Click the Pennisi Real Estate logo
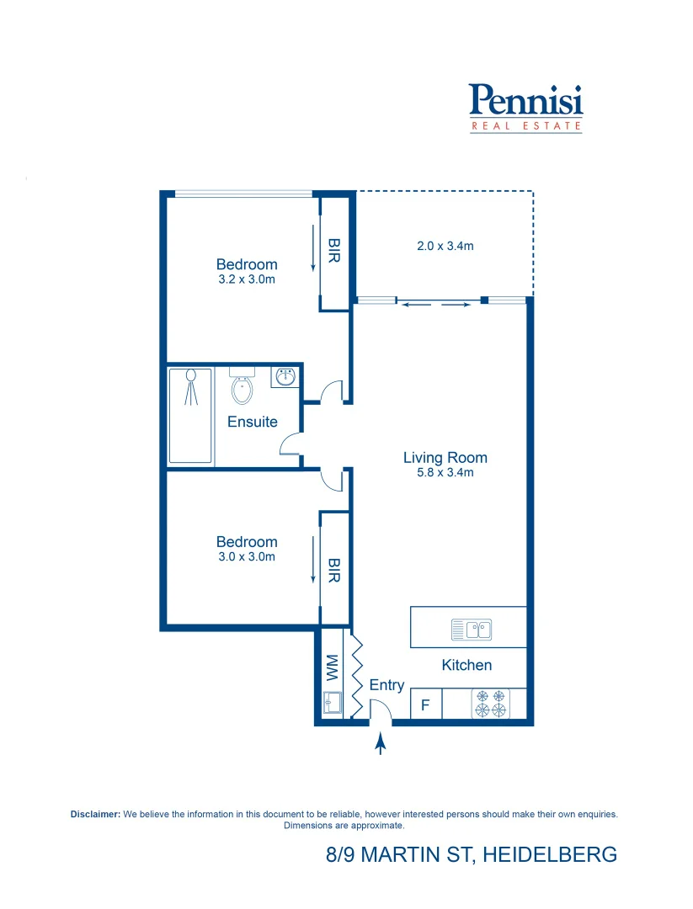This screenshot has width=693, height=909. point(525,107)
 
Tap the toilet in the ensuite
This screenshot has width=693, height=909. point(241,388)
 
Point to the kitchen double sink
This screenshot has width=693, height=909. point(471,629)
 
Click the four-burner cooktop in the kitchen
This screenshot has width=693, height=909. point(491,704)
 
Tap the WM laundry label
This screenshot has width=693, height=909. point(332,668)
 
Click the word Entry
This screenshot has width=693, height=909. point(386,685)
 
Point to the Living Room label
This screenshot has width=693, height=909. point(445,458)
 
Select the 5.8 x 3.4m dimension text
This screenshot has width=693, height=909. point(445,473)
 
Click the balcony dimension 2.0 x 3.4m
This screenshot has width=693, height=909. point(445,247)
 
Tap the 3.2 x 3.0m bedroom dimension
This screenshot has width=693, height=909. point(247,279)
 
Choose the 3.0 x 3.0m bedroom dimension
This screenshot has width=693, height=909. point(247,557)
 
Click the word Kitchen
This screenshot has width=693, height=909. point(466,665)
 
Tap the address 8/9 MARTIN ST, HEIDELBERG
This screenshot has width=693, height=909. point(472,855)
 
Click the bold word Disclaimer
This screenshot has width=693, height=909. point(96,815)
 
